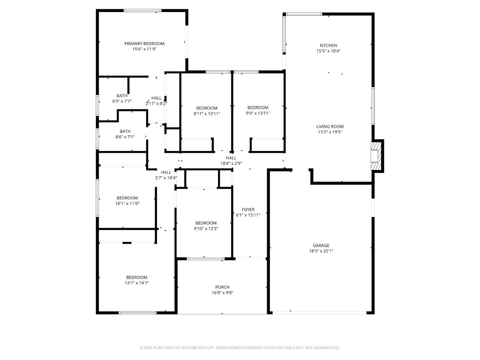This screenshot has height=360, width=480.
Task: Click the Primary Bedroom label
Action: pos(144,44)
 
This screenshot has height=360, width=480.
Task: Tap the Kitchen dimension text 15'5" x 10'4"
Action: pos(328,51)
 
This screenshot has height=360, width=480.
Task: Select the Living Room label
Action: pos(330,126)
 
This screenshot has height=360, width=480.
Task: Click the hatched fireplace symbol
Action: pos(375,156)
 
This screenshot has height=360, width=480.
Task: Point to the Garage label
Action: pos(321,246)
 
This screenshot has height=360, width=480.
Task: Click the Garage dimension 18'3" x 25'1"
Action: pos(321,251)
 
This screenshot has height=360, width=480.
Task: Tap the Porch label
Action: pos(222,287)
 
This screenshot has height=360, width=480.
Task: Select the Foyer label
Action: pos(248,210)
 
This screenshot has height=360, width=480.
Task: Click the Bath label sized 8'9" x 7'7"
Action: pos(122,96)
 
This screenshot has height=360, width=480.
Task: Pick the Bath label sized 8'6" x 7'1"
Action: pos(125,131)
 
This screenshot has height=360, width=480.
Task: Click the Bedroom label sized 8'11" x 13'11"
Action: pos(207,108)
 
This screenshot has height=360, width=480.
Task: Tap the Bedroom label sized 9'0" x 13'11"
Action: pos(258,108)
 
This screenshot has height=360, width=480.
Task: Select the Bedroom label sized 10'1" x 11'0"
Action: pos(127,198)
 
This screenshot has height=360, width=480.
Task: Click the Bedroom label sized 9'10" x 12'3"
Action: pos(206,223)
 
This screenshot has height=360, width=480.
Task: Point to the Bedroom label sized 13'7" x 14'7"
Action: pos(137,277)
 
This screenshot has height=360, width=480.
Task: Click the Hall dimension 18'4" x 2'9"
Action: pos(231,163)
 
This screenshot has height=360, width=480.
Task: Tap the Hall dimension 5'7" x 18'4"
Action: pos(166,178)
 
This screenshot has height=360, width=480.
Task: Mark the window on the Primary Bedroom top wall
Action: pos(142,11)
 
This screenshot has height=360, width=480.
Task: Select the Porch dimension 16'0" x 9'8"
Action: pos(222,293)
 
